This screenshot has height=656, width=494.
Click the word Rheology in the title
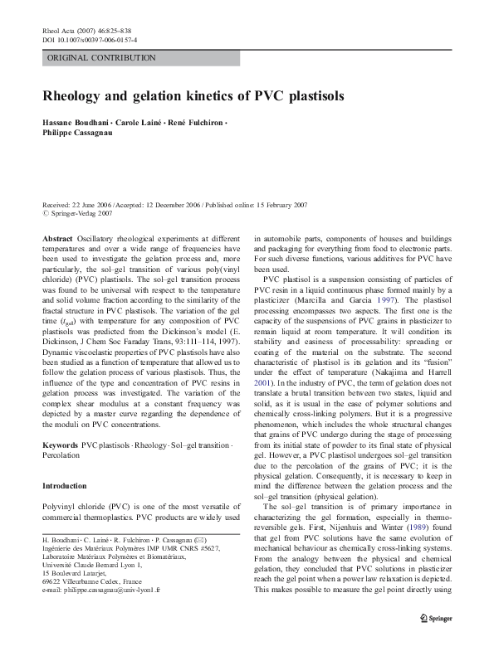pos(76,95)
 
